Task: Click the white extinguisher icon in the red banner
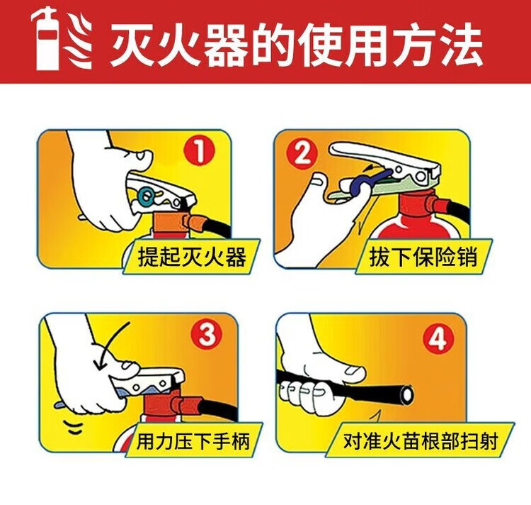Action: click(x=47, y=40)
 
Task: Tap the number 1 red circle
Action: click(x=200, y=151)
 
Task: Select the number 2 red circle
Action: click(x=302, y=154)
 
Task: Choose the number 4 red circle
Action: click(x=438, y=338)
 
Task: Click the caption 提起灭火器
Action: click(x=192, y=256)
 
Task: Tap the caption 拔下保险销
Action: click(x=423, y=257)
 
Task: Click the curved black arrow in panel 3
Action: click(x=109, y=343)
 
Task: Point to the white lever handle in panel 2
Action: click(x=382, y=155)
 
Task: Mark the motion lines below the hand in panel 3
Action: click(x=75, y=428)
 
